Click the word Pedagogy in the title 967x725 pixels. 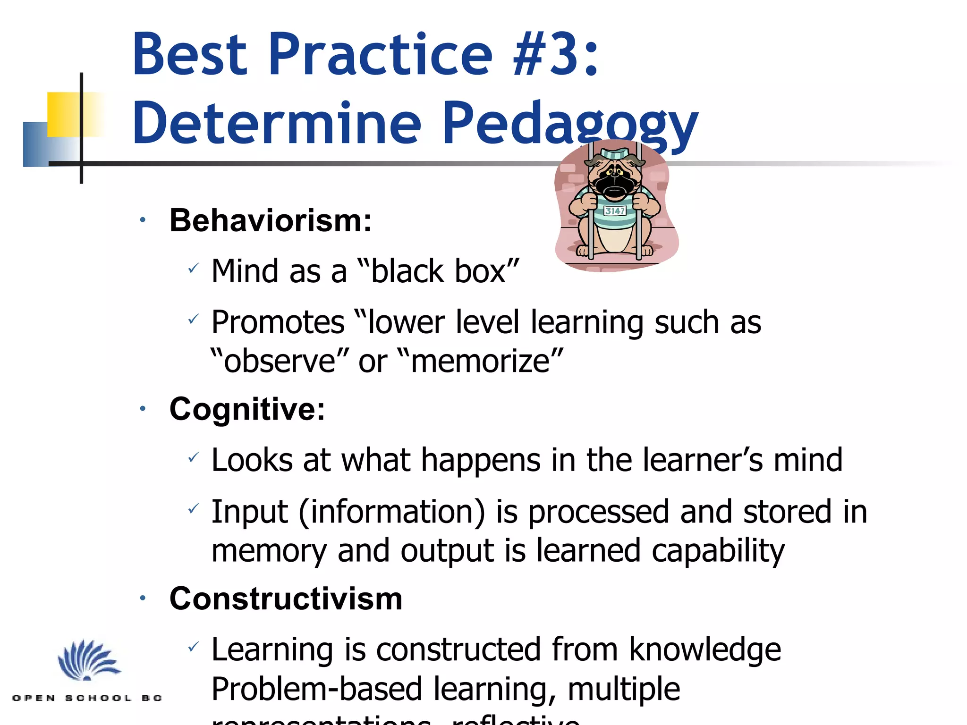coord(569,124)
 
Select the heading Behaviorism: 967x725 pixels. coord(271,220)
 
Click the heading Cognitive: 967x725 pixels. coord(247,409)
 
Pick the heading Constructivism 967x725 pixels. coord(286,599)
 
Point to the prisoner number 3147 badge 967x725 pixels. coord(615,211)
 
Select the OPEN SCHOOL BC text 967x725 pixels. coord(87,698)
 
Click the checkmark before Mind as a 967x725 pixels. coord(193,269)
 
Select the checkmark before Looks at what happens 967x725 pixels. coord(193,458)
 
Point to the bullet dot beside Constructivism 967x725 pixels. coord(143,599)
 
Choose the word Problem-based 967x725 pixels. coord(316,689)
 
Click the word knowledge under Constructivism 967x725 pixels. coord(705,649)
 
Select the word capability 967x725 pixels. coord(718,551)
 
